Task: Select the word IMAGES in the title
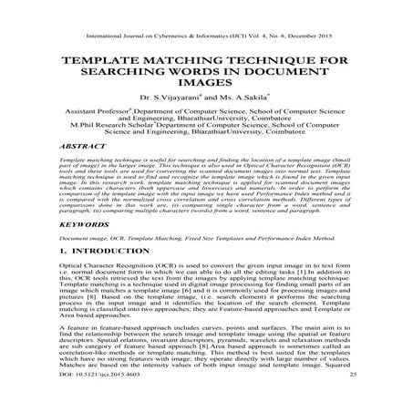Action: pos(207,88)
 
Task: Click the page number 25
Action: pos(350,401)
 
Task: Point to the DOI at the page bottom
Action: pos(94,401)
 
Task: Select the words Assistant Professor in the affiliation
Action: pos(98,121)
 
